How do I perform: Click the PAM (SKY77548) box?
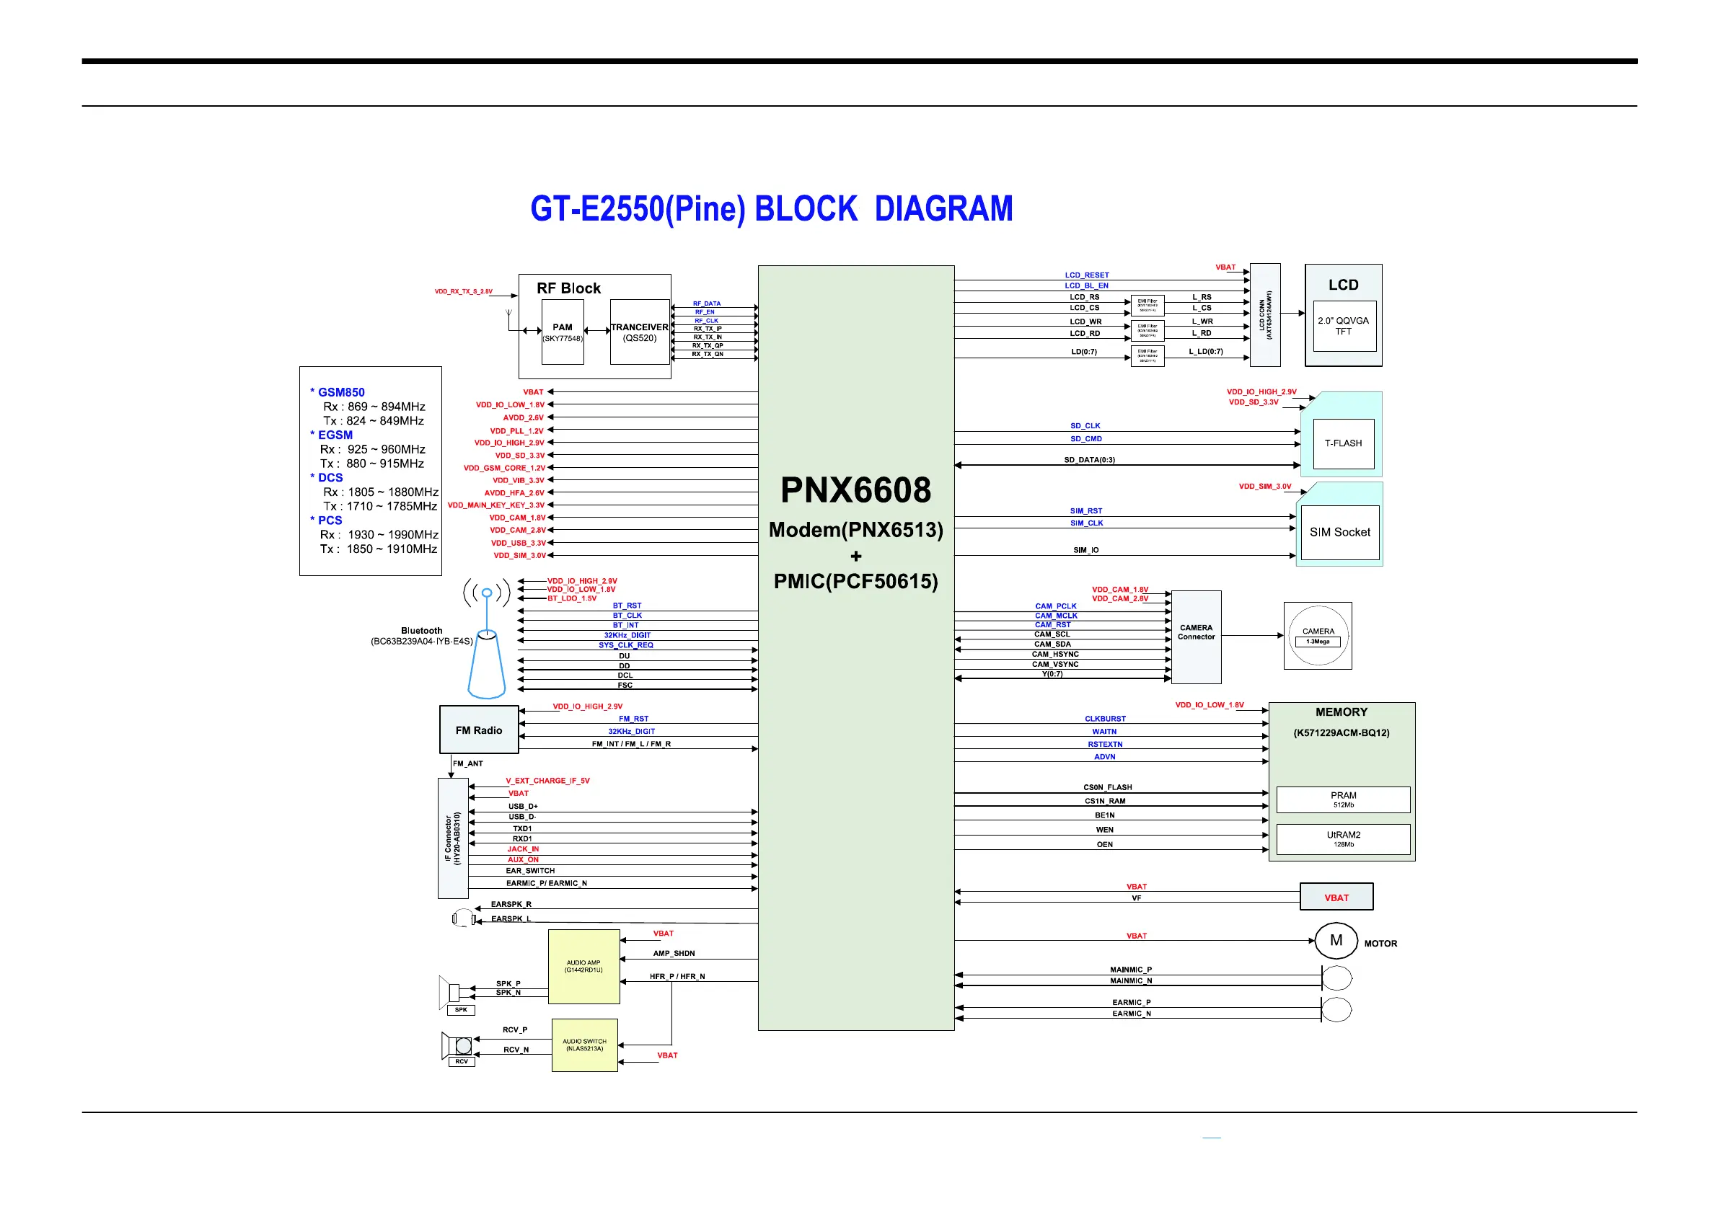pos(562,332)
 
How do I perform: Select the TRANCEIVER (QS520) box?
pos(639,332)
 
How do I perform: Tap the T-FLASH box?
pos(1343,443)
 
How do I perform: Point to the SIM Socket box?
pos(1339,532)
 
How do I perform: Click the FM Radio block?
pos(479,730)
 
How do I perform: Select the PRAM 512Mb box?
pos(1343,799)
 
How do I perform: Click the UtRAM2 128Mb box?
pos(1343,839)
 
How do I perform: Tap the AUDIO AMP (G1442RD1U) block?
pos(583,967)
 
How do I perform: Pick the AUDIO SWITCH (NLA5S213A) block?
pos(584,1045)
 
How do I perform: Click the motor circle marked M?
pos(1336,941)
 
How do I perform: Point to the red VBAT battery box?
pos(1336,897)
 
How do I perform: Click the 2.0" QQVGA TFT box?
pos(1343,325)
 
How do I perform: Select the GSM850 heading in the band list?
pos(340,392)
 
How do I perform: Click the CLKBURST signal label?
pos(1105,719)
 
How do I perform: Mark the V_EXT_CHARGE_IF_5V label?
pos(547,781)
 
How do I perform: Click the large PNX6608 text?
pos(855,491)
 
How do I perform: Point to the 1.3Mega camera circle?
pos(1318,636)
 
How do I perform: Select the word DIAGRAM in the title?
pos(943,208)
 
